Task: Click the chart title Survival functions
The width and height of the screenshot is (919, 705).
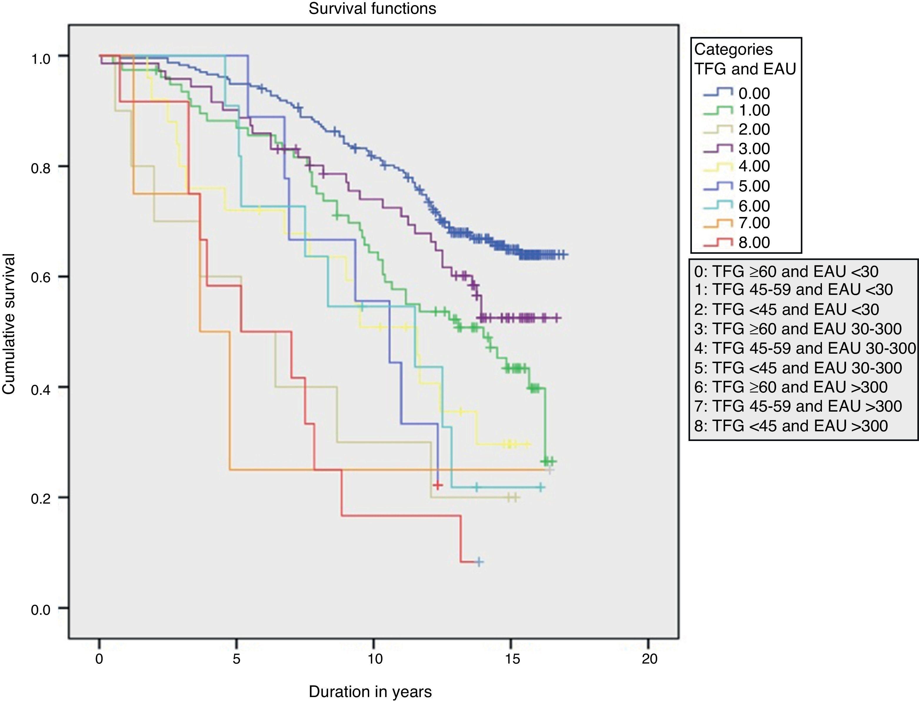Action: [x=372, y=9]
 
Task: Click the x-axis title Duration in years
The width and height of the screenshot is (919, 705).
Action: [x=370, y=691]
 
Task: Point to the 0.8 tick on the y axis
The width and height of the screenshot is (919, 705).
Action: [x=41, y=168]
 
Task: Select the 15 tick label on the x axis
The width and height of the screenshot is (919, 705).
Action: [x=512, y=659]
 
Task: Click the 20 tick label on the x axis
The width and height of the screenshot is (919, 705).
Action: [x=649, y=659]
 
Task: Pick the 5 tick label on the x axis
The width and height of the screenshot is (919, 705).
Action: [x=237, y=659]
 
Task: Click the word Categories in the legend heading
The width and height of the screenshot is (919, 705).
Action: [x=733, y=49]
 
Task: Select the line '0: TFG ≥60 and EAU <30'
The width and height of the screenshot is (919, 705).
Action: [x=786, y=272]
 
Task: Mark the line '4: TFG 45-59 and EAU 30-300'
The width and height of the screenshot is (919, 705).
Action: [x=804, y=348]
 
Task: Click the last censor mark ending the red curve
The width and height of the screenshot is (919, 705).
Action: [x=479, y=562]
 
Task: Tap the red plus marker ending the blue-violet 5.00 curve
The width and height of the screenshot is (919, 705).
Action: [x=438, y=485]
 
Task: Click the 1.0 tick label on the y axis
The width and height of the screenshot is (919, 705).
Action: [x=41, y=58]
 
